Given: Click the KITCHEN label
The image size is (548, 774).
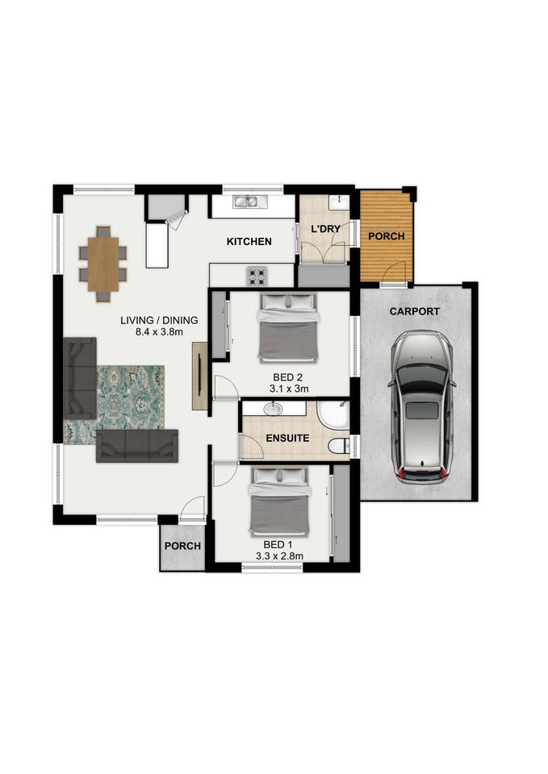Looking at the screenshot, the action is tap(249, 241).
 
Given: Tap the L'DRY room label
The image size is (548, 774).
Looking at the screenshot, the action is tap(325, 229).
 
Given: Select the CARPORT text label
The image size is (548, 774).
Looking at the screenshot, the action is tap(415, 311).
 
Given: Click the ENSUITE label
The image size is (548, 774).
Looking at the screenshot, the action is tap(287, 438).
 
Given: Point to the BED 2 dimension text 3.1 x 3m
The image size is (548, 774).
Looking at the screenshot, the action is tap(289, 389).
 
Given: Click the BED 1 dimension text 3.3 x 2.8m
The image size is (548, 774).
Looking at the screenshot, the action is tap(279, 556).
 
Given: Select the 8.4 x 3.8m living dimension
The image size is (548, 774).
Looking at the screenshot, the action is tap(159, 331).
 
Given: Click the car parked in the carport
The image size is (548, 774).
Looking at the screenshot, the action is tap(421, 406).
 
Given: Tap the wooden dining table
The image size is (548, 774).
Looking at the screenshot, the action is tap(103, 264).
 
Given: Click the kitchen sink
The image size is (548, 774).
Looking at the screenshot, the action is tap(250, 201).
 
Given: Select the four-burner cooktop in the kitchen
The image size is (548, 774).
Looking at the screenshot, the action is tap(257, 277).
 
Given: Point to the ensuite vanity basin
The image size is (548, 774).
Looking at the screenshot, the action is tap(272, 409).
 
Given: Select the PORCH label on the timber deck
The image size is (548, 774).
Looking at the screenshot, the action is tap(387, 236).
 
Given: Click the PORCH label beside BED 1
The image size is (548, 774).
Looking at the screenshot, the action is tap(183, 546).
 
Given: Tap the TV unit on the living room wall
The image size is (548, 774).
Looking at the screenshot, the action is tap(199, 375).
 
